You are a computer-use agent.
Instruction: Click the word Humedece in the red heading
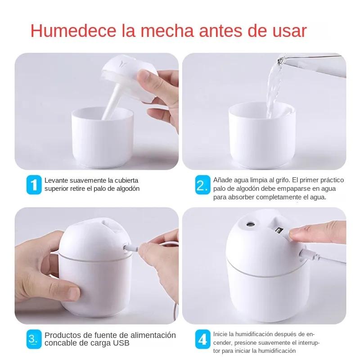pos(73,31)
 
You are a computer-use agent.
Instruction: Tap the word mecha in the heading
pos(167,31)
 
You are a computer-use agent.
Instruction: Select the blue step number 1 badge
pos(34,184)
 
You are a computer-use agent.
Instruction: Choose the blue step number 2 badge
pos(203,184)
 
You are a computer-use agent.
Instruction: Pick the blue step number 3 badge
pos(34,339)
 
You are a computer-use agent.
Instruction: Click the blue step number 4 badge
pos(203,339)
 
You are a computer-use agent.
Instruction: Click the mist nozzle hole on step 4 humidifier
pos(250,224)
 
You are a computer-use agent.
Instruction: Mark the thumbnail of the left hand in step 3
pos(74,293)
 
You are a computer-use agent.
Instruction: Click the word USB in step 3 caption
pos(121,343)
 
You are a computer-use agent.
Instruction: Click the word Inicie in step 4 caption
pos(220,334)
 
